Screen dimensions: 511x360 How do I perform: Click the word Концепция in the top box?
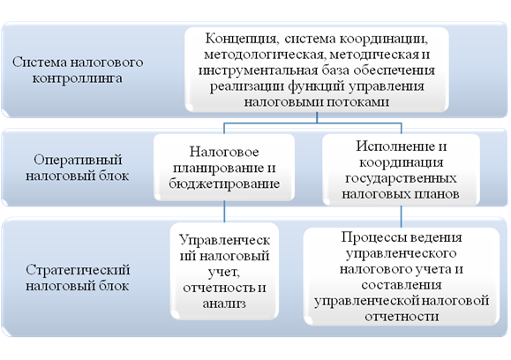point(241,40)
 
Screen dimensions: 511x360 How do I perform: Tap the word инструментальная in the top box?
point(258,71)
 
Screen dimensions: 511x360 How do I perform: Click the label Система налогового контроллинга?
point(78,70)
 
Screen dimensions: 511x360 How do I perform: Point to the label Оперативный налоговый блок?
point(78,168)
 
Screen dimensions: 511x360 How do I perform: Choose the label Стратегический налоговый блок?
point(78,278)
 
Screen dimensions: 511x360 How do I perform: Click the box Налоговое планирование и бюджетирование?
point(224,168)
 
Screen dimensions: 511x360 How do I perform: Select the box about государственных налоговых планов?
point(402,169)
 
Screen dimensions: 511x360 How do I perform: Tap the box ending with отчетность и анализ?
point(224,272)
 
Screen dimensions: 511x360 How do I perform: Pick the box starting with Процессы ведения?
point(402,276)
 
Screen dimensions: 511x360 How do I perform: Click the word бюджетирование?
point(224,184)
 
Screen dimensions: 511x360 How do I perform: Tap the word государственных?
point(401,178)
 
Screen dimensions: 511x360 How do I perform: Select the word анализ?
point(224,304)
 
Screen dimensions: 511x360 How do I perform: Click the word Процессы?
point(369,237)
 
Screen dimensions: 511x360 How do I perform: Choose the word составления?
point(402,285)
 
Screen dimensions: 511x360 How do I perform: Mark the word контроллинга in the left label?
point(78,79)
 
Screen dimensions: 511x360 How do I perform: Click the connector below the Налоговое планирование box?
point(224,212)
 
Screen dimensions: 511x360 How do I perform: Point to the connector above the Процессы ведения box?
point(402,217)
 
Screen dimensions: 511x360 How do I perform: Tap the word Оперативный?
point(78,161)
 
